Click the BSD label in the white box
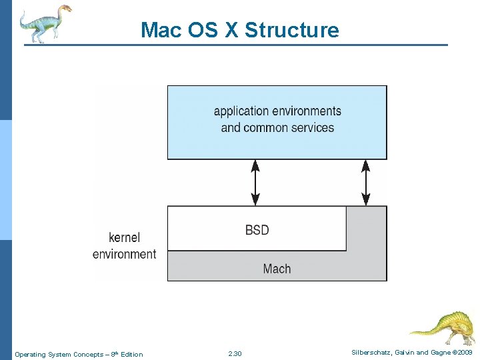[257, 230]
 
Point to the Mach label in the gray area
[277, 269]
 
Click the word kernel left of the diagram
[125, 238]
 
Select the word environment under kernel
[124, 254]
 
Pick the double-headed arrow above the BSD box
[255, 182]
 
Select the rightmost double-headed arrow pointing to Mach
[365, 182]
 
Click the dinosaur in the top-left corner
[44, 23]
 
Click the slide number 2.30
[235, 354]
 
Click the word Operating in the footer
[31, 354]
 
